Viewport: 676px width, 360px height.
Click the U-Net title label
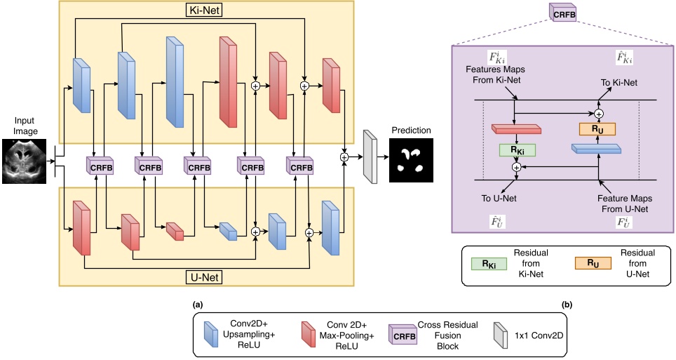206,277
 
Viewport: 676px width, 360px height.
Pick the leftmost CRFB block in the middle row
100,168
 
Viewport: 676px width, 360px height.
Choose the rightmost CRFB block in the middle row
300,168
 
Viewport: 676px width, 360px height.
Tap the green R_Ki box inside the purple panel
517,149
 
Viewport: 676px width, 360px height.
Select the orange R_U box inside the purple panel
597,128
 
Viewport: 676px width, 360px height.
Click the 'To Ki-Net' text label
619,82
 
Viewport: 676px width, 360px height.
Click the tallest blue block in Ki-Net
174,79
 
